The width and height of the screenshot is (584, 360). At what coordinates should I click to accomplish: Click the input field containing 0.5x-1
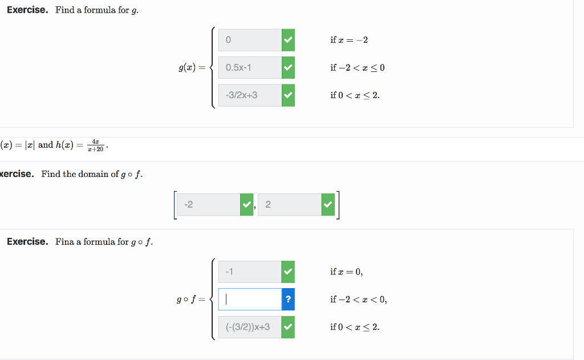[x=250, y=67]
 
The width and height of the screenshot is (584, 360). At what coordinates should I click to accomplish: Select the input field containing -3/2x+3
[x=250, y=95]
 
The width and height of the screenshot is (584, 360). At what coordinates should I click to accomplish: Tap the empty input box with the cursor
[x=250, y=300]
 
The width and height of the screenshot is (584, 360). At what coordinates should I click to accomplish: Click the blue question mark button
[x=288, y=300]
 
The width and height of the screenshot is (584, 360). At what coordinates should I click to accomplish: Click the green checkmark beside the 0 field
[x=288, y=40]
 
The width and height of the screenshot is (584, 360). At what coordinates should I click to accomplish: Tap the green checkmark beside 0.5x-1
[x=288, y=67]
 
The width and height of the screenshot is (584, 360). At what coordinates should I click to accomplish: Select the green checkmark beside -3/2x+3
[x=288, y=95]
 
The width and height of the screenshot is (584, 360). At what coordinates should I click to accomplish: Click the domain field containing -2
[x=208, y=205]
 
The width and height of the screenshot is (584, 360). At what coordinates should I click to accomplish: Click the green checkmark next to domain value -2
[x=246, y=205]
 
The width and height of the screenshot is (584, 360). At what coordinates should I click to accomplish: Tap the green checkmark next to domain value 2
[x=328, y=205]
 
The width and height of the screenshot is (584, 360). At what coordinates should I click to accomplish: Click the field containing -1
[x=250, y=272]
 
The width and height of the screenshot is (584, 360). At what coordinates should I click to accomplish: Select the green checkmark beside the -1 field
[x=288, y=272]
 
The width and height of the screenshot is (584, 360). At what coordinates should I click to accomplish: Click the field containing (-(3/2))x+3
[x=250, y=327]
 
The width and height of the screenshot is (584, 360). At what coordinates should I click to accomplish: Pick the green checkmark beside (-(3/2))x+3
[x=288, y=327]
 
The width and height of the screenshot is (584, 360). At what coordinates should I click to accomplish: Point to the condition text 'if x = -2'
[x=349, y=40]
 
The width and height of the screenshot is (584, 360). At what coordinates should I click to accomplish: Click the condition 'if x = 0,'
[x=346, y=272]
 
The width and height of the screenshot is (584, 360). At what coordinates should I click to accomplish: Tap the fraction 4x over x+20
[x=95, y=145]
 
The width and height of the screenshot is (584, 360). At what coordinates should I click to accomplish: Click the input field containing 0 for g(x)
[x=250, y=40]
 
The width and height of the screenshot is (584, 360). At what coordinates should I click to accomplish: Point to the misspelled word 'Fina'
[x=64, y=242]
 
